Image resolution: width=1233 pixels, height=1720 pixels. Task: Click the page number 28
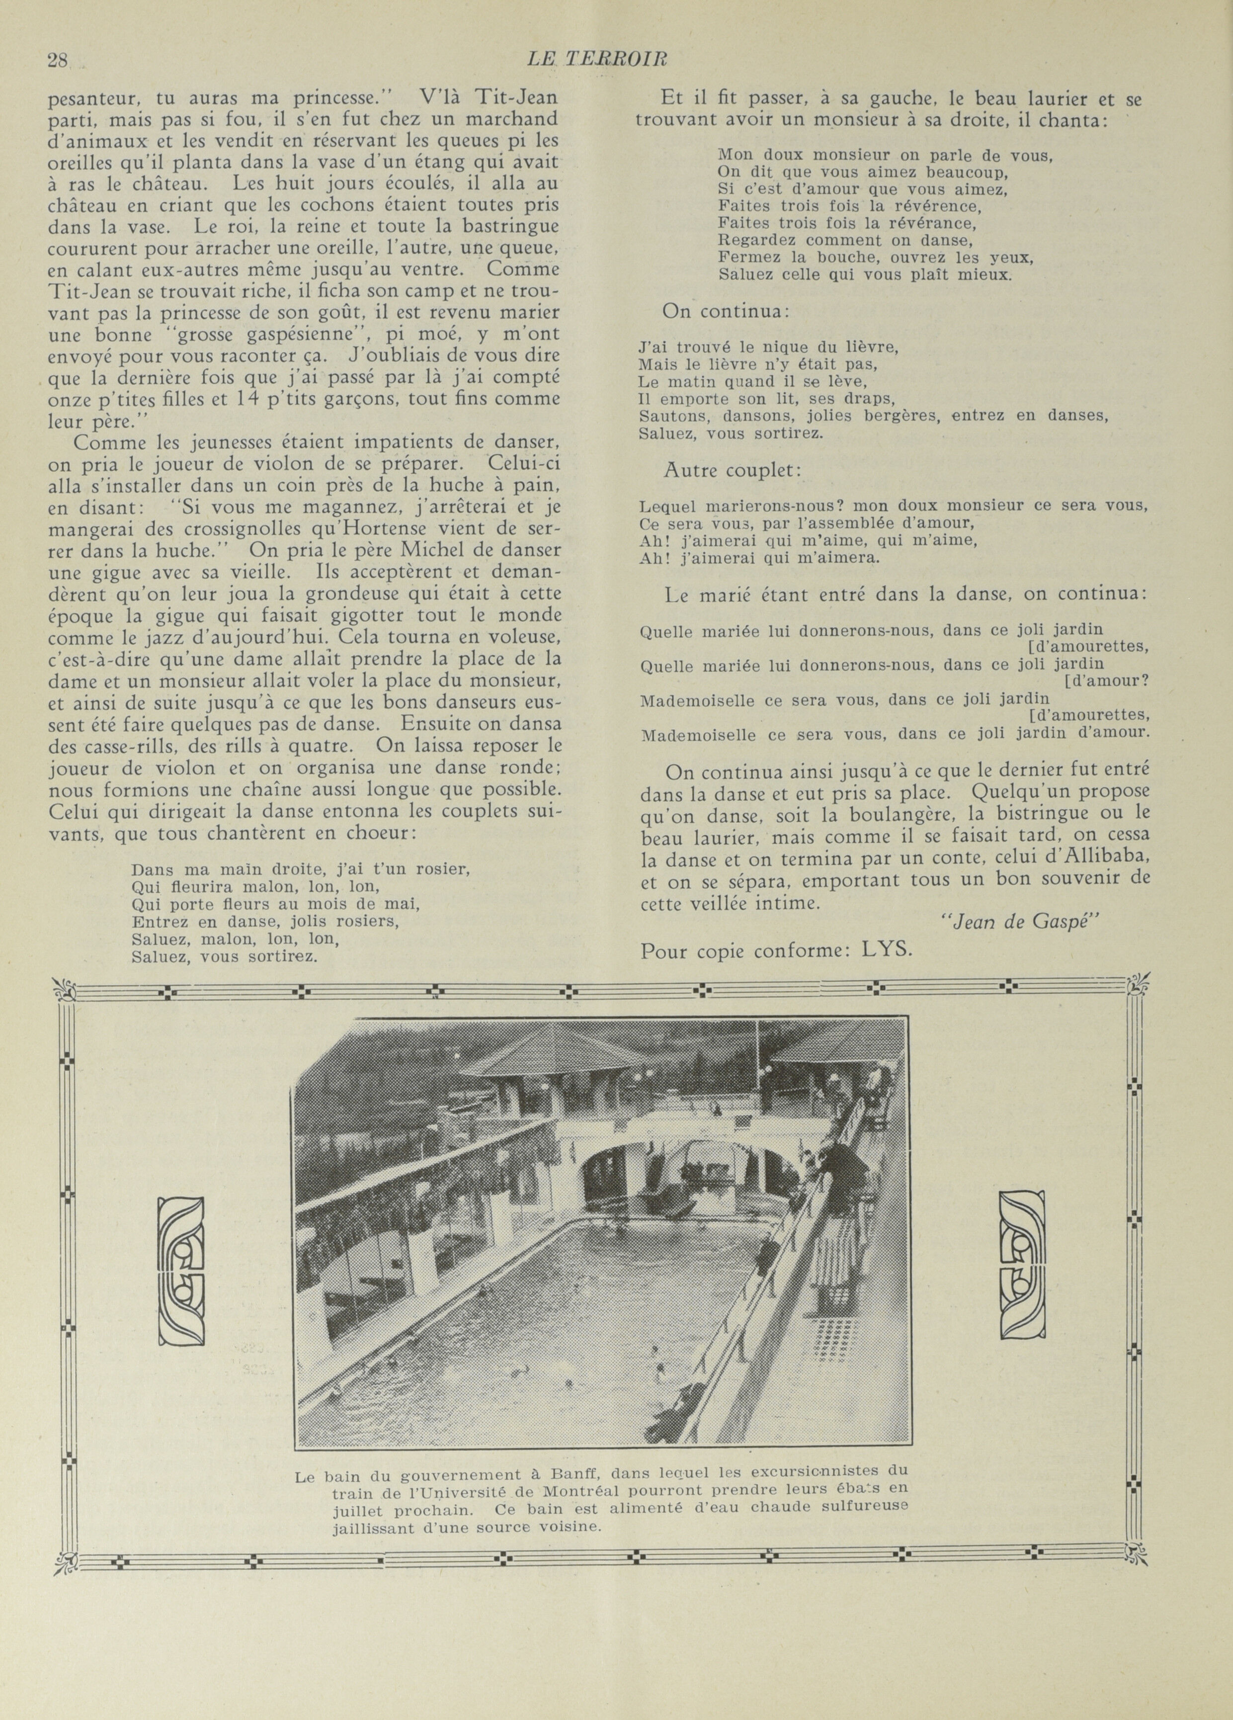pos(58,61)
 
